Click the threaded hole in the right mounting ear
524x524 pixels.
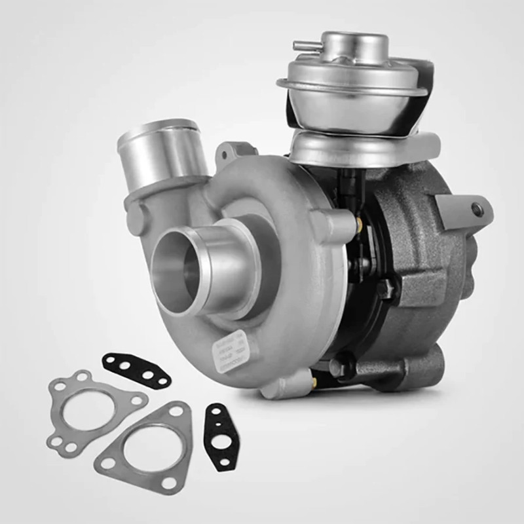[x=477, y=210]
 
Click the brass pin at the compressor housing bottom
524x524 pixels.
[x=315, y=380]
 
